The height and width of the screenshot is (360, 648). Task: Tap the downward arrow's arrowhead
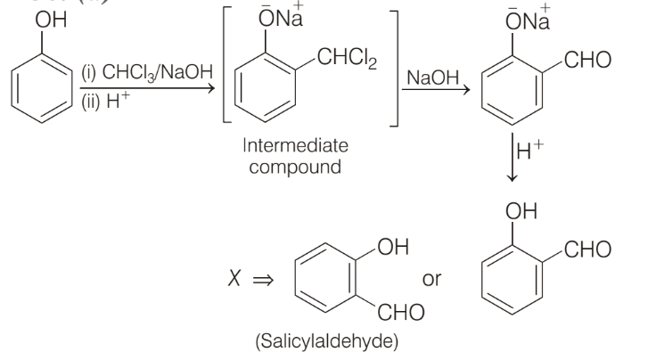[512, 178]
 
